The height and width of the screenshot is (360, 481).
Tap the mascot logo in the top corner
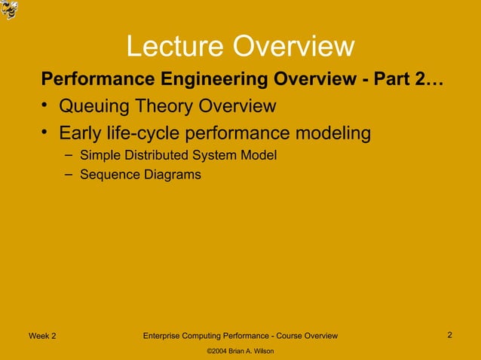click(x=10, y=10)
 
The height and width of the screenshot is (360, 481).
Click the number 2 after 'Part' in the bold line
click(x=420, y=79)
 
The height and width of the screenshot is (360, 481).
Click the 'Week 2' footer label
click(x=41, y=336)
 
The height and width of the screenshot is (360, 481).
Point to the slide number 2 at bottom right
click(x=449, y=335)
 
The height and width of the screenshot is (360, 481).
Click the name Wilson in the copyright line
click(x=261, y=352)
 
